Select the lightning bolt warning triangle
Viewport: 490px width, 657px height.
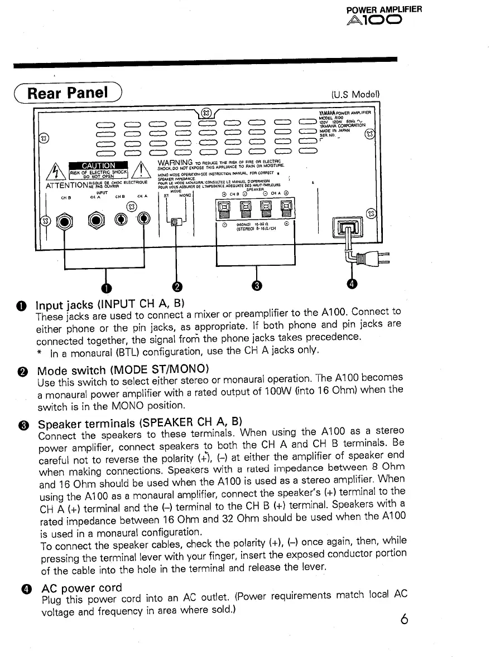pyautogui.click(x=58, y=170)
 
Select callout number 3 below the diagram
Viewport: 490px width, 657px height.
pyautogui.click(x=256, y=286)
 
